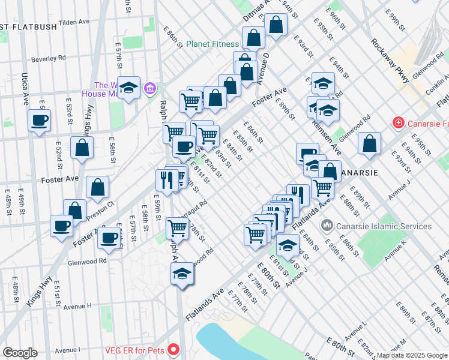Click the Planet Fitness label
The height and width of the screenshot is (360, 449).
tap(212, 44)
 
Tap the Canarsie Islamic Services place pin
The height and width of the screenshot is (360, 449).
tap(327, 226)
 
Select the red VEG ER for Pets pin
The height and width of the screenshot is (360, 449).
tap(173, 349)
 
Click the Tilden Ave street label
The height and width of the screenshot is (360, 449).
tap(74, 22)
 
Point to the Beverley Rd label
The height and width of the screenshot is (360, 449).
tap(49, 58)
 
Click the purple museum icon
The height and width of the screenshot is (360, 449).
tap(151, 89)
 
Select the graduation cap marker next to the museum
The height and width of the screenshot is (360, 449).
tap(129, 88)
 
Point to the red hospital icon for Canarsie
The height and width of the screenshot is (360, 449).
tap(397, 123)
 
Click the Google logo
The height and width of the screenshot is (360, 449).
tap(20, 353)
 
